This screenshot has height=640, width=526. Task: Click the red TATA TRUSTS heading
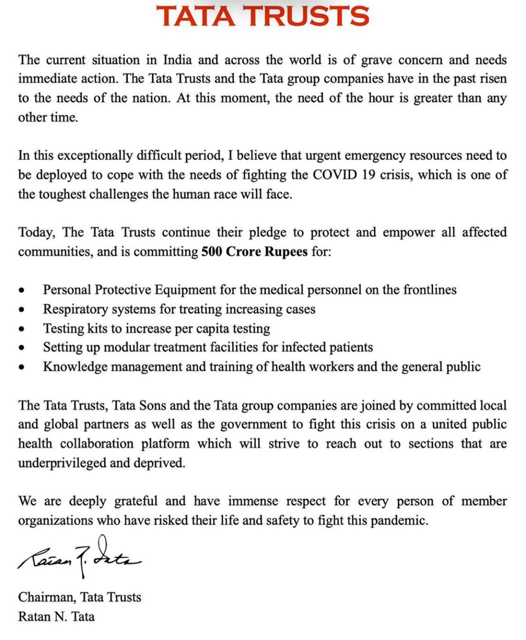pyautogui.click(x=263, y=16)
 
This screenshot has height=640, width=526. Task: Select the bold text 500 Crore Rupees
pyautogui.click(x=254, y=251)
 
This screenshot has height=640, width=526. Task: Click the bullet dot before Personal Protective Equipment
pyautogui.click(x=21, y=290)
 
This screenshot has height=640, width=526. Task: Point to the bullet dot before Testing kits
pyautogui.click(x=21, y=329)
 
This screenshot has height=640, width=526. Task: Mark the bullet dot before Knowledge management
pyautogui.click(x=21, y=367)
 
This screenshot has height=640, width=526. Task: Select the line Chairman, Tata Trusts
pyautogui.click(x=80, y=597)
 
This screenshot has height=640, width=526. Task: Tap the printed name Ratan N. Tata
pyautogui.click(x=56, y=616)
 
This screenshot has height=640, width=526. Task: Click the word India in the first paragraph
pyautogui.click(x=177, y=60)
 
